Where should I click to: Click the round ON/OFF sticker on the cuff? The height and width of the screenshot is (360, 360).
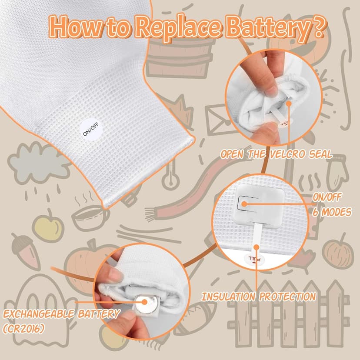90,129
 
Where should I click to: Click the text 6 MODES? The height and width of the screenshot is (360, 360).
332,212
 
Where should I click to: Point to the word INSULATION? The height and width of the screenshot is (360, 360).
228,297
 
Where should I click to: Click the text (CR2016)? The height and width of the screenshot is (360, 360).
23,329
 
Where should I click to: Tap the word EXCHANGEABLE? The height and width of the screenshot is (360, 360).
38,314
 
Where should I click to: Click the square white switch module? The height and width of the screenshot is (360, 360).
260,206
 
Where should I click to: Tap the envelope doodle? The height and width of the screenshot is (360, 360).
218,120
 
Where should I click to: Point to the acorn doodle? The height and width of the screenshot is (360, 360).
26,251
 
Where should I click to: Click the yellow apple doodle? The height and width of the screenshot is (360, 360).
48,227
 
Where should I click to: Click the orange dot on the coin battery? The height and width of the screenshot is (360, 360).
144,302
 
